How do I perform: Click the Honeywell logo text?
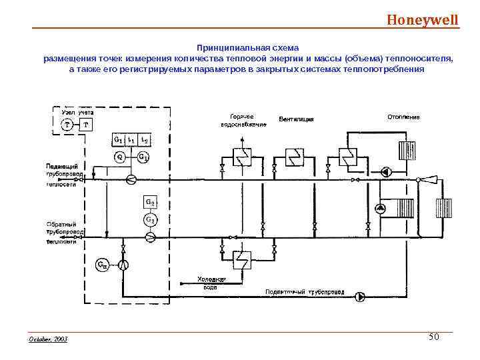pos(423,19)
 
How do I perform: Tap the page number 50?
pos(433,337)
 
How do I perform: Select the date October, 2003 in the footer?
pos(48,339)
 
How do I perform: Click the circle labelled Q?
pos(119,157)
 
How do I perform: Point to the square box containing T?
pos(86,125)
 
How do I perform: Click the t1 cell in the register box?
pos(131,140)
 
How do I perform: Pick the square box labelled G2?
pos(150,202)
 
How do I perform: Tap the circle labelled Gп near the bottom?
pos(103,265)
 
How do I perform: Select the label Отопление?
pos(403,117)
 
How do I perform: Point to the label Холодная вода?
pos(211,282)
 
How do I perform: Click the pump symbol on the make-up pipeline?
pos(360,297)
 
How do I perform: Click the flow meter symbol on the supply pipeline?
pos(131,179)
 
